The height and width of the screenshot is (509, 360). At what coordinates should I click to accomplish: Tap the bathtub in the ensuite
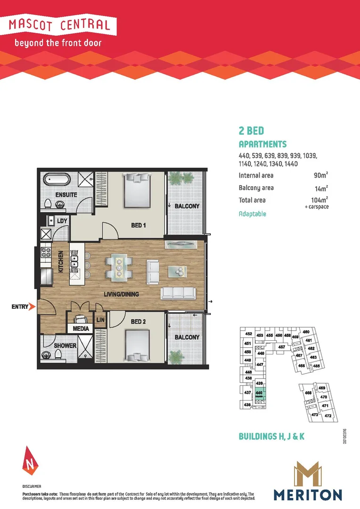pos(57,180)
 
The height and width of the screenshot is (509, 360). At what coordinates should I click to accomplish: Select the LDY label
pos(62,221)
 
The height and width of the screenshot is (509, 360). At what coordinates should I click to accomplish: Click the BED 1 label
pos(138,225)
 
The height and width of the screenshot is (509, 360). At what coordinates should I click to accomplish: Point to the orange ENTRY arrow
pos(32,307)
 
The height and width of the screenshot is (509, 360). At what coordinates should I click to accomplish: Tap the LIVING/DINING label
pos(121,294)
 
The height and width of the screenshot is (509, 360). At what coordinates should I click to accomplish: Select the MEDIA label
pos(81,328)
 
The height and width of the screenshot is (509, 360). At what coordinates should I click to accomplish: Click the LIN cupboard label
pos(101,320)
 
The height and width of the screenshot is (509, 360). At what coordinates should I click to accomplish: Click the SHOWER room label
pos(65,345)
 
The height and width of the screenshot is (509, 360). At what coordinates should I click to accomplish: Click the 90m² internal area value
pos(320,175)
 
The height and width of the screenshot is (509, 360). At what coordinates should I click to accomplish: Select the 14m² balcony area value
pos(320,188)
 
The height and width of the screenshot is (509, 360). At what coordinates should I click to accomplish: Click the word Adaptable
pos(252,213)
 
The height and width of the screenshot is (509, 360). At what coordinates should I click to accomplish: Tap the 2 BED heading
pos(251,131)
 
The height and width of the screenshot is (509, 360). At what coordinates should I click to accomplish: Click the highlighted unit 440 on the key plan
pos(259,394)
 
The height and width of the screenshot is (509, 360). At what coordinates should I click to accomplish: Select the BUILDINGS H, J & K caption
pos(271,437)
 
